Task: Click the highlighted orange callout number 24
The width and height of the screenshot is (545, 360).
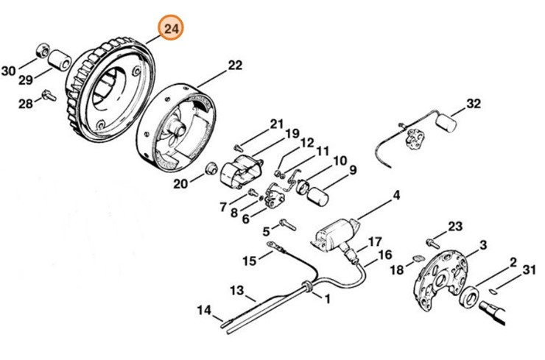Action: pos(172,29)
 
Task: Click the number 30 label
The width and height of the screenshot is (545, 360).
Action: pos(8,71)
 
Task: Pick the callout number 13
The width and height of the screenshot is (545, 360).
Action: pos(236,291)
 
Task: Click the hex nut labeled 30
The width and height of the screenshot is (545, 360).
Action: pos(43,53)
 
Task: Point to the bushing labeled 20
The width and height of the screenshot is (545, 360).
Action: pos(210,168)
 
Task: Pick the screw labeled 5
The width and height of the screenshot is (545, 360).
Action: pos(286,223)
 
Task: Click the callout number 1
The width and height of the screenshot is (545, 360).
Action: pos(327,298)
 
